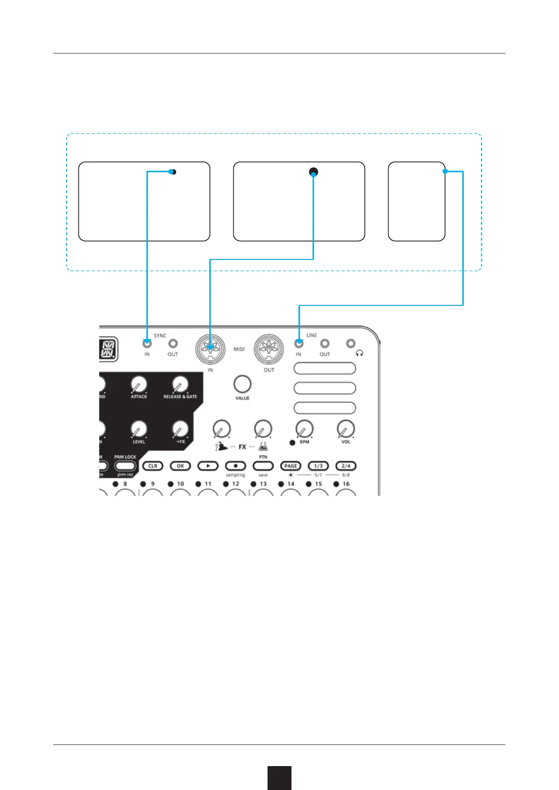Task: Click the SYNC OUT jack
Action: point(173,344)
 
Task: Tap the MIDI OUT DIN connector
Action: point(268,349)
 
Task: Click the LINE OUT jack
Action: point(324,344)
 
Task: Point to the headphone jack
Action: point(351,344)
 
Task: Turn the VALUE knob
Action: point(242,384)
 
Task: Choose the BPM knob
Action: point(304,429)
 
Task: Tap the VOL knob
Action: point(346,429)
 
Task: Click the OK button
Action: point(180,466)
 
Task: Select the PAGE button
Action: point(291,466)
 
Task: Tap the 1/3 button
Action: point(318,466)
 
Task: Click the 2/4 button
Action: point(346,466)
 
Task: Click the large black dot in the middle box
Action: point(314,172)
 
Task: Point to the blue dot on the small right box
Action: point(445,172)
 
